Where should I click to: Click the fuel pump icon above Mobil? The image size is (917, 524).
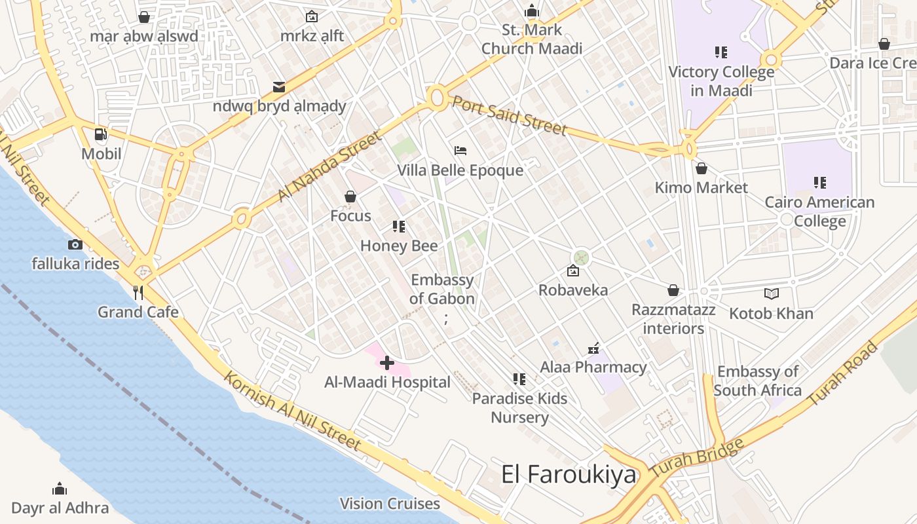pos(101,134)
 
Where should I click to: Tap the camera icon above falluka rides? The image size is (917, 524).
pos(75,244)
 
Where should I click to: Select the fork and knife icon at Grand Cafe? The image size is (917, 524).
pos(138,292)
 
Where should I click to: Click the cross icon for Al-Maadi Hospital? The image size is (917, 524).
pos(387,362)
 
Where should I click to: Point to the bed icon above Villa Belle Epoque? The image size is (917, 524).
pos(460,151)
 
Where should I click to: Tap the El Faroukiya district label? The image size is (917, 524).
pos(569,474)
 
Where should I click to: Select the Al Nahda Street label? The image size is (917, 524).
pos(329,166)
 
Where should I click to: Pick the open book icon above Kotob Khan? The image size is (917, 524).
pos(772,294)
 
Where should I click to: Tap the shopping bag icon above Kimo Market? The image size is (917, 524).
pos(702,168)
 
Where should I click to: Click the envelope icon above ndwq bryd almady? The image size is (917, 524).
pos(279,86)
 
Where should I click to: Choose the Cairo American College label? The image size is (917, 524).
pos(819,212)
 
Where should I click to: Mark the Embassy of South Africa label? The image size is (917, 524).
pos(758,381)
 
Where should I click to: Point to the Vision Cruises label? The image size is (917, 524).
pos(390,504)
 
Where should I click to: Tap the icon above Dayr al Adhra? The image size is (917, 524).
pos(60,489)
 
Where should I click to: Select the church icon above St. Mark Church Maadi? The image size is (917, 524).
pos(532,10)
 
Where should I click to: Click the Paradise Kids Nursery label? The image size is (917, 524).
pos(520,408)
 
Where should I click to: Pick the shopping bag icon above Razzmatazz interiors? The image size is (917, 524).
pos(673,290)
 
